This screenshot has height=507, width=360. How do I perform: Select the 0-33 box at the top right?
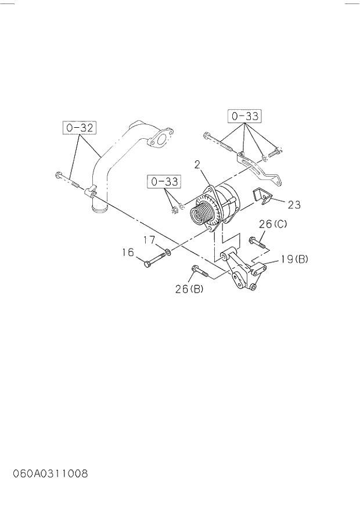coord(244,116)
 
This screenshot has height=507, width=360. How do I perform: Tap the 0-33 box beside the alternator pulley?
coord(164,182)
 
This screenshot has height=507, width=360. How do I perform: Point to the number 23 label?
coord(294,204)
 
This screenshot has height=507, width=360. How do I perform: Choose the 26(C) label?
coord(273,224)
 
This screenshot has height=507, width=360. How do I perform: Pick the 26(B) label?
coord(189,289)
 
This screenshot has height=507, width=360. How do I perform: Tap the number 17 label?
coord(150,239)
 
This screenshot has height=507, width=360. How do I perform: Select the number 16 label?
coord(128,252)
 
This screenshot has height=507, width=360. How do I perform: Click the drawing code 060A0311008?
coord(51,473)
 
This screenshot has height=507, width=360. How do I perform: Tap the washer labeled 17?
coord(167,251)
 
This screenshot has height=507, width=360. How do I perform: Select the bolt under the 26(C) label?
coord(257,242)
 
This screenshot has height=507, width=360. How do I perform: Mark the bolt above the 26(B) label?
coord(200,270)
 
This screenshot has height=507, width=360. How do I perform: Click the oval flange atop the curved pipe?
coord(158,140)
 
